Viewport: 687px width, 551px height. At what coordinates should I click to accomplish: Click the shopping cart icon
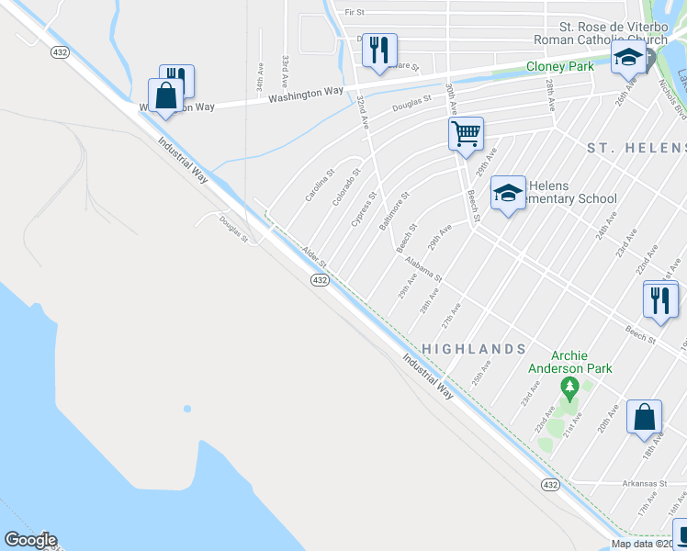coord(466,133)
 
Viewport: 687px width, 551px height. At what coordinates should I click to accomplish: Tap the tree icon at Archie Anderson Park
coord(569,389)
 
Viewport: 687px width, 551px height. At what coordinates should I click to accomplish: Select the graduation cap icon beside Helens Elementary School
coord(508,193)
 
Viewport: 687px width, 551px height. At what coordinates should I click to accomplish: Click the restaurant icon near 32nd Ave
coord(379,50)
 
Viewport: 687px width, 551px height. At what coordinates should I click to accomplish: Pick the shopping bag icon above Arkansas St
coord(644,416)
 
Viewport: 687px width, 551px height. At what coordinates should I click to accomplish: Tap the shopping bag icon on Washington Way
coord(166,96)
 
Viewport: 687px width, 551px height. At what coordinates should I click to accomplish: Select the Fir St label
coord(355,13)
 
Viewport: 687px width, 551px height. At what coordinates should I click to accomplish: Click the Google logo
coord(30,540)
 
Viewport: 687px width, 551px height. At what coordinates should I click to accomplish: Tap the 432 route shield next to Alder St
coord(319,279)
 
